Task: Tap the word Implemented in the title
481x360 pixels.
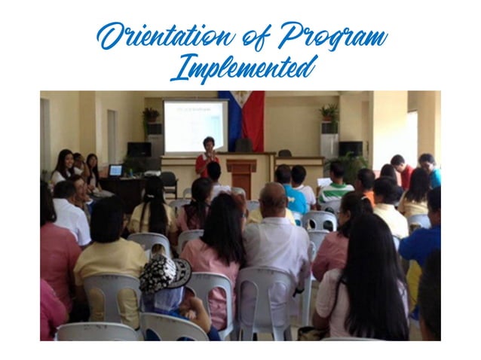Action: point(240,69)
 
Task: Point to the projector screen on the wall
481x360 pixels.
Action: point(195,125)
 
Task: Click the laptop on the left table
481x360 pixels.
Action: point(115,171)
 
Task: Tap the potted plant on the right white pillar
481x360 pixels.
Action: point(329,114)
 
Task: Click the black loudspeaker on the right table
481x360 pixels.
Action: point(350,148)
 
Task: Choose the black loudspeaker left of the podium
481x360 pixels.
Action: point(139,149)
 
